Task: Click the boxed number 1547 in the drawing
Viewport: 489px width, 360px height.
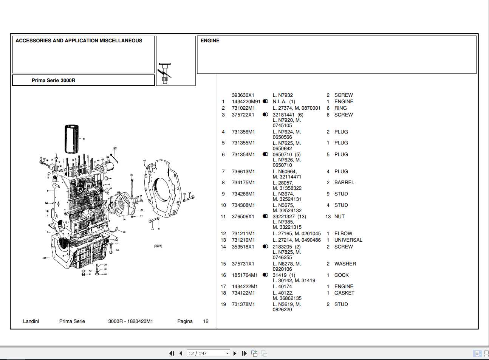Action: click(x=158, y=246)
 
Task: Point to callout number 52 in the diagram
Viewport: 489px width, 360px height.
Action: click(x=115, y=149)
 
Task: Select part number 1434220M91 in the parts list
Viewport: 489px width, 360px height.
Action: click(x=246, y=102)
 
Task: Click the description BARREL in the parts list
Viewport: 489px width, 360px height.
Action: click(x=344, y=183)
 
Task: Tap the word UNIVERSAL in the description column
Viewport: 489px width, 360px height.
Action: click(x=348, y=240)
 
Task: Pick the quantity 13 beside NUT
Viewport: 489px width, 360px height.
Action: click(x=328, y=217)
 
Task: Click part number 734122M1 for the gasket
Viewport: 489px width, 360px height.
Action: click(x=243, y=293)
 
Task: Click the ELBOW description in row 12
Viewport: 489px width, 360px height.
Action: click(x=343, y=234)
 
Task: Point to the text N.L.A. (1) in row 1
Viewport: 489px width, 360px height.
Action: click(x=284, y=102)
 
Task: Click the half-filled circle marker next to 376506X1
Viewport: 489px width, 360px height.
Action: click(x=265, y=217)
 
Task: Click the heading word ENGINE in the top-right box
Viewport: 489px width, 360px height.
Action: click(x=210, y=41)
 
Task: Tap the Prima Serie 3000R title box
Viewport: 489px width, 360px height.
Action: click(x=84, y=80)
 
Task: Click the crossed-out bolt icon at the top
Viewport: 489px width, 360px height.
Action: click(x=165, y=73)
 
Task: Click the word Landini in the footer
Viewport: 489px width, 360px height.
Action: click(x=31, y=321)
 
